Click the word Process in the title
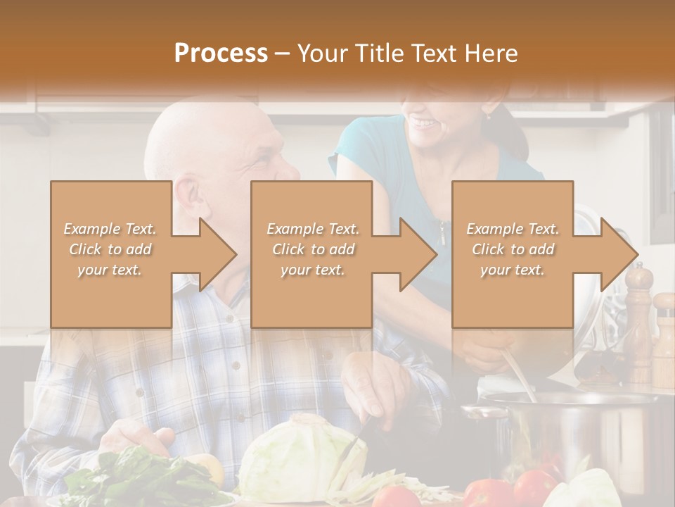point(221,53)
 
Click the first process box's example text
point(110,249)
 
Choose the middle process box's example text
point(312,249)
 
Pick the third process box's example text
point(512,249)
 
